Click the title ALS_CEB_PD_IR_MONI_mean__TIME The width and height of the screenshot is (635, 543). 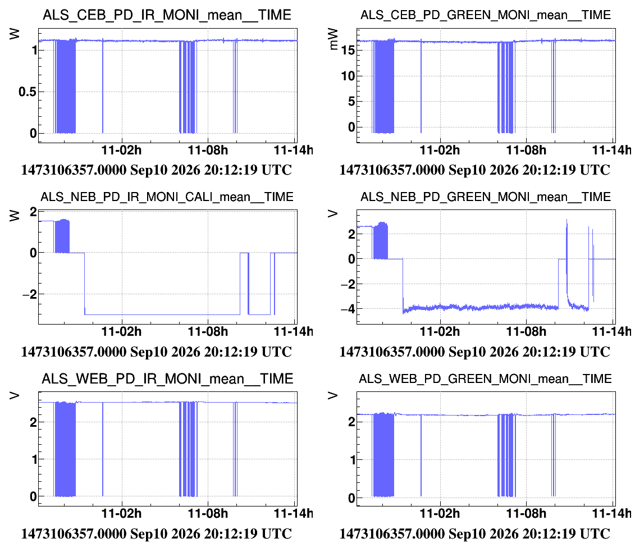click(167, 15)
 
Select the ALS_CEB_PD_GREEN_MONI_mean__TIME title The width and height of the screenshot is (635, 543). click(485, 15)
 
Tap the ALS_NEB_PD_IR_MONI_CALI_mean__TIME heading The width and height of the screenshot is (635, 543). click(167, 197)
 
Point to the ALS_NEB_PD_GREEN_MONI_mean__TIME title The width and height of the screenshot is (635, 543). click(485, 197)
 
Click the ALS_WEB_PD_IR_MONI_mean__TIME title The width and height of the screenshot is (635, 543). click(167, 378)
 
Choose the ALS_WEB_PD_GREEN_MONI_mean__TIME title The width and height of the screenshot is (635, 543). click(485, 378)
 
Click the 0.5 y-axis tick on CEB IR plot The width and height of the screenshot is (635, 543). click(28, 92)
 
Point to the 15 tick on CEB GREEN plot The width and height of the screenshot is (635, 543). click(348, 50)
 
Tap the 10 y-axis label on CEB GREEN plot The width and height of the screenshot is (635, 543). click(348, 76)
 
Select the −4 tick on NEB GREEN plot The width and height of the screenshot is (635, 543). click(348, 309)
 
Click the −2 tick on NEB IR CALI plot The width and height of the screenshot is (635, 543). click(30, 294)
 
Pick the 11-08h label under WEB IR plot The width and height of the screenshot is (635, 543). click(208, 513)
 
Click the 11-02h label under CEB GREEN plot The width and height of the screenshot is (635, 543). click(440, 150)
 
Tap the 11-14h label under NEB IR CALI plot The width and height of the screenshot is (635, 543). click(294, 332)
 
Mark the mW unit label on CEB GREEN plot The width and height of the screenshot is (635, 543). click(334, 39)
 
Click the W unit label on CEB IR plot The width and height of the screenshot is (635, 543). click(15, 34)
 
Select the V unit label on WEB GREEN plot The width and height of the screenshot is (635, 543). click(332, 396)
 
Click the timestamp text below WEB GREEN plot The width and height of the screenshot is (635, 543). click(474, 533)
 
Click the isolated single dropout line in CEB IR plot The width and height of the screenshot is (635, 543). click(102, 86)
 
